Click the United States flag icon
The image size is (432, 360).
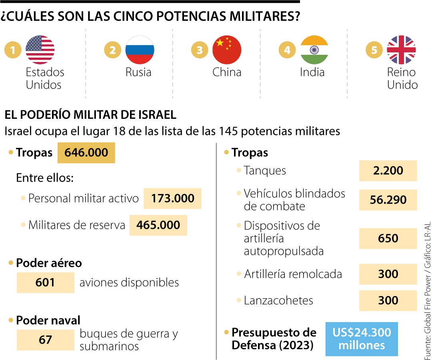tap(40, 50)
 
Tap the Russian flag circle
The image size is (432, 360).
tap(140, 50)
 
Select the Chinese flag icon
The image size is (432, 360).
tap(227, 50)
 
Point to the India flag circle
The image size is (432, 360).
tap(314, 50)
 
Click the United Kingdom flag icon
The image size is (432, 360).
tap(401, 50)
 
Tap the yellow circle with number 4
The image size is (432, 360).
tap(287, 50)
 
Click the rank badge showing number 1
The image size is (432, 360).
tap(13, 50)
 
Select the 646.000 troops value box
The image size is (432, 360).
tap(86, 153)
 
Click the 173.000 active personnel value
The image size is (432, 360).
tap(172, 198)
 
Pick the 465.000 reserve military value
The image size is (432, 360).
tap(158, 225)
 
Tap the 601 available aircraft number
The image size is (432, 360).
tap(45, 282)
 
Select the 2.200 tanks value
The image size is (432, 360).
tap(388, 171)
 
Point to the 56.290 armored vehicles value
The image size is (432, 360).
tap(388, 200)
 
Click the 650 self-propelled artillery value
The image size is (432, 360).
tap(388, 238)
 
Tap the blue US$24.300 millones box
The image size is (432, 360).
tap(362, 338)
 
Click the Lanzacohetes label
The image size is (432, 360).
tap(278, 300)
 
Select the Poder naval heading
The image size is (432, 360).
tap(48, 320)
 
